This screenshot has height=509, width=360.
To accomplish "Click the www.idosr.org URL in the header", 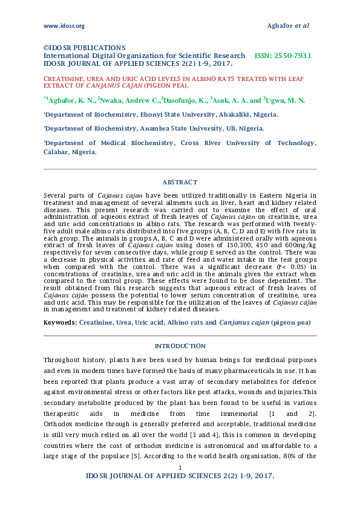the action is coord(64,25).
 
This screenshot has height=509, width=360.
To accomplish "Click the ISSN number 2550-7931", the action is coord(292,55).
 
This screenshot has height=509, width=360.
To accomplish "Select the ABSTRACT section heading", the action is coord(180,182).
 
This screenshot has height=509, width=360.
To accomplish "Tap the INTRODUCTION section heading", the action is coord(180,346).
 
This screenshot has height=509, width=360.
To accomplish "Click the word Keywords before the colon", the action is coord(59,322).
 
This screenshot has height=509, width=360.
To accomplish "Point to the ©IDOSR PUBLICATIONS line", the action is coord(84,47).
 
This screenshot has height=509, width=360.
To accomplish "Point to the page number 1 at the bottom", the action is coord(180,468).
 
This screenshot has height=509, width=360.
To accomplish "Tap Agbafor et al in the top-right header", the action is coord(288,25).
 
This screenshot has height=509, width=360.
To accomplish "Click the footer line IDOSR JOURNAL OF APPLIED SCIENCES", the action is coord(180,476).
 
